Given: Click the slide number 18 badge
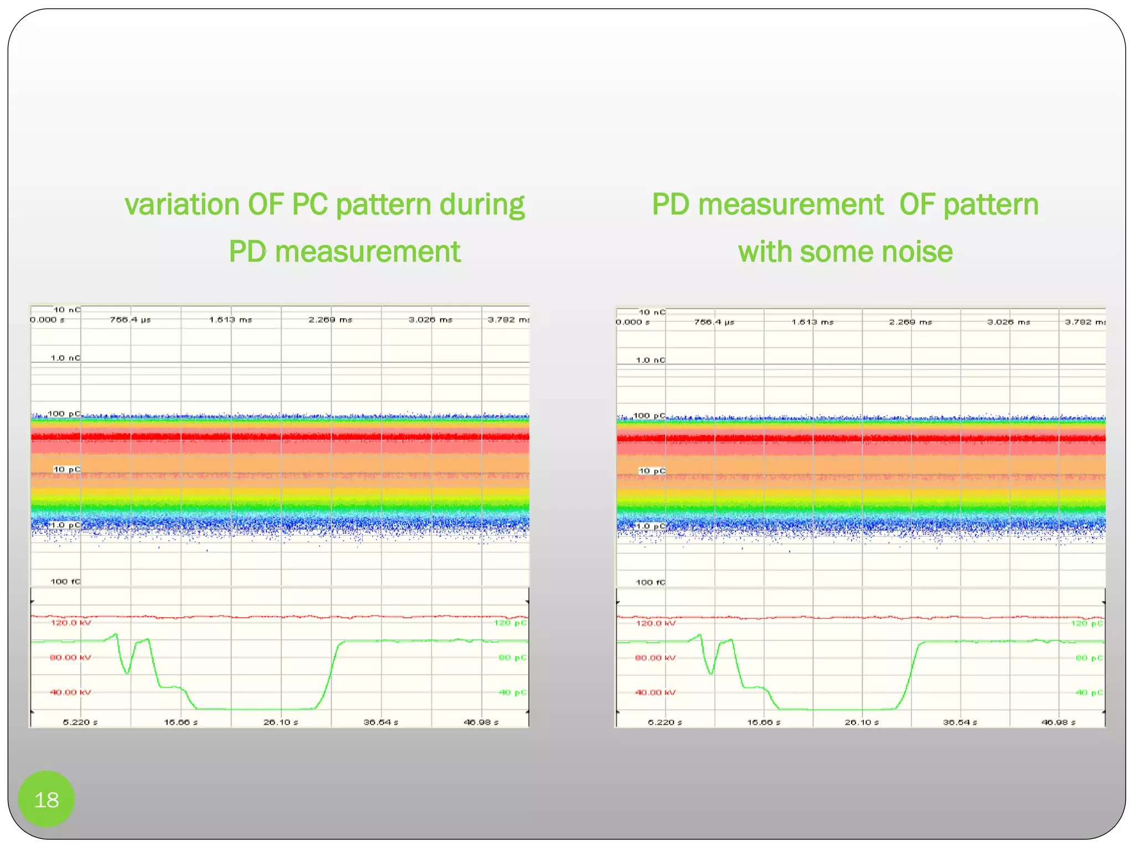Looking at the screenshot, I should [47, 799].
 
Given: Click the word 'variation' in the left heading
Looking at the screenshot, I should [182, 204].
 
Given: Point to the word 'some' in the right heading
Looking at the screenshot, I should [833, 252].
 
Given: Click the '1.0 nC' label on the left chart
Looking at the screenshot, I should [65, 358].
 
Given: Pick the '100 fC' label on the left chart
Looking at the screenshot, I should [65, 581].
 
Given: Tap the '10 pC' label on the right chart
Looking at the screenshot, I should [652, 471].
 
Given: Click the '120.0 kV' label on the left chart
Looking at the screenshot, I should [70, 623].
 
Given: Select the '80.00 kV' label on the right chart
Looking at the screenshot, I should [655, 658].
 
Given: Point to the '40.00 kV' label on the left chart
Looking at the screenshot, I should [70, 692].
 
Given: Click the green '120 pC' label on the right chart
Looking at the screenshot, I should [1086, 623].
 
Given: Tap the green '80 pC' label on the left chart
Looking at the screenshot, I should [512, 658].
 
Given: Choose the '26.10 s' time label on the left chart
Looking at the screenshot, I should [281, 722].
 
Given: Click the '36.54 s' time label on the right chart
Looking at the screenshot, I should [960, 722].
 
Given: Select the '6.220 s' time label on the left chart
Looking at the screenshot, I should [80, 722].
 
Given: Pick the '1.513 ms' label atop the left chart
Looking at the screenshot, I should [230, 320].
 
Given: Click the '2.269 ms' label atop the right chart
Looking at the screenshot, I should [911, 322].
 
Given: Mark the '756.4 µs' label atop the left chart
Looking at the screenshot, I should [130, 320].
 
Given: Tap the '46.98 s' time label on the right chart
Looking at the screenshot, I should [1058, 722].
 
